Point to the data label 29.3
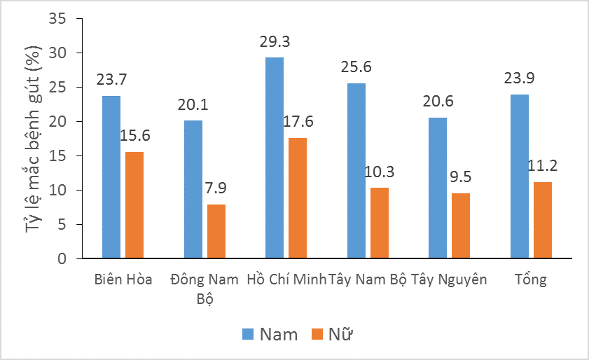275,42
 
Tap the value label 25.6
356,67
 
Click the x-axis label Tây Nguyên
449,280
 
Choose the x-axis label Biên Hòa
123,280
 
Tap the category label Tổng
531,280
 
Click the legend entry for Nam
270,334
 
